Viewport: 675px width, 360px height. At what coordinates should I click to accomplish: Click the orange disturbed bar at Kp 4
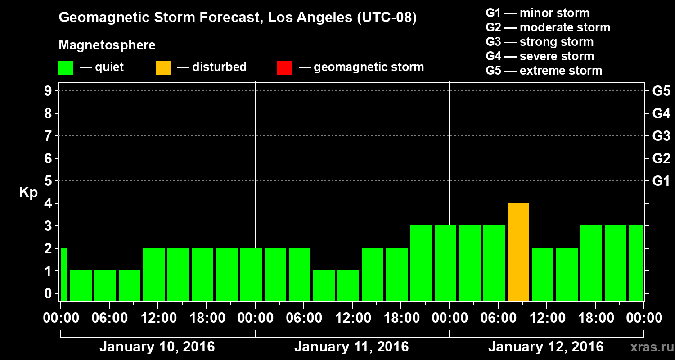coord(518,252)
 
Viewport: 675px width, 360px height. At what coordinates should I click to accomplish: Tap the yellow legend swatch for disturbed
coord(163,67)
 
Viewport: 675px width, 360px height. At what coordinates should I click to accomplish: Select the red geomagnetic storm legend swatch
coord(284,67)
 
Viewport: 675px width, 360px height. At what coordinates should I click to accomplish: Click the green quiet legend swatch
coord(66,67)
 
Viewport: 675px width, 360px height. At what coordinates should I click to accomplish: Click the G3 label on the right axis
coord(661,136)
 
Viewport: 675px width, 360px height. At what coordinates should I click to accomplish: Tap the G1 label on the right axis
coord(661,181)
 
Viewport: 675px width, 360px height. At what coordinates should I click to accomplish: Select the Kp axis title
coord(28,193)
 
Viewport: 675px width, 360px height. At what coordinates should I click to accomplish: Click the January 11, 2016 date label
coord(351,347)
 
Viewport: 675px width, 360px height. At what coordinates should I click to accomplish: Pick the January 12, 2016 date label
coord(546,347)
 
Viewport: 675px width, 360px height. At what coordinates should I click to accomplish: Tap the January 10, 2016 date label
coord(157,347)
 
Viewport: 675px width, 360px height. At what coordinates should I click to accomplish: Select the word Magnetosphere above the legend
coord(107,45)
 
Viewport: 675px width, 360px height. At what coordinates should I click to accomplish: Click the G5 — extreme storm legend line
coord(544,71)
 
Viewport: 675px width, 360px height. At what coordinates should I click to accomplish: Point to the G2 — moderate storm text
coord(548,27)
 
